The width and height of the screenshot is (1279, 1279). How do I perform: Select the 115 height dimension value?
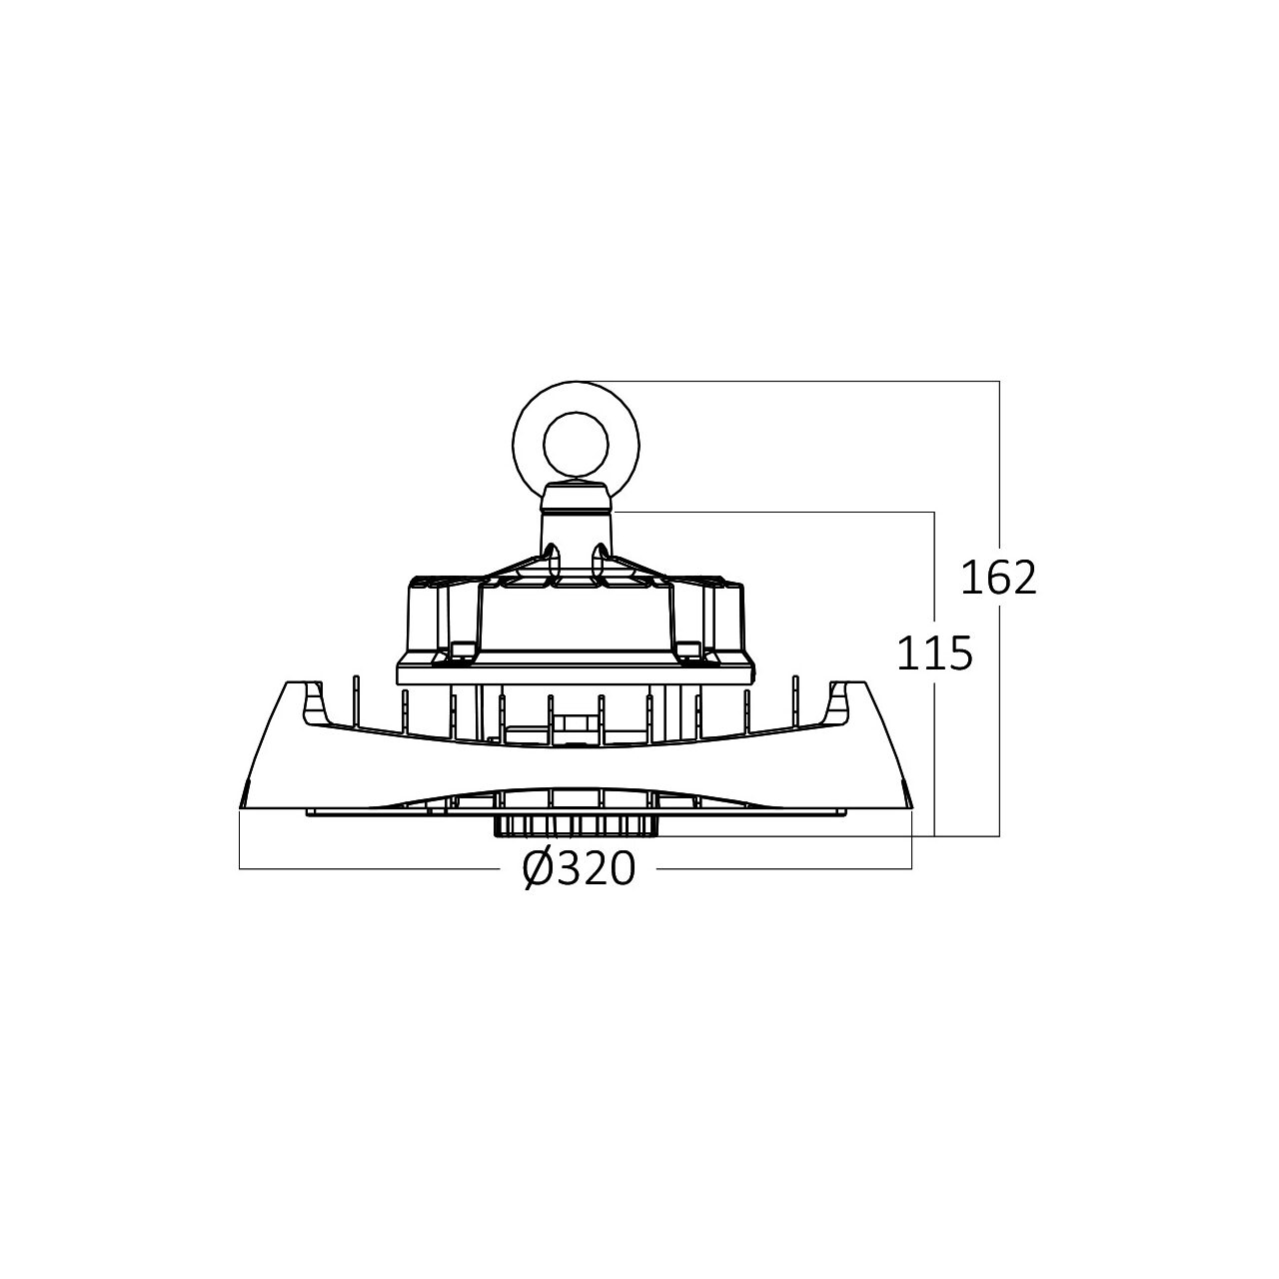tap(934, 652)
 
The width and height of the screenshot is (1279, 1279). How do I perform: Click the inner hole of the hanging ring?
tap(576, 444)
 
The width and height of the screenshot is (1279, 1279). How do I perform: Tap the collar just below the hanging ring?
tap(576, 498)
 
